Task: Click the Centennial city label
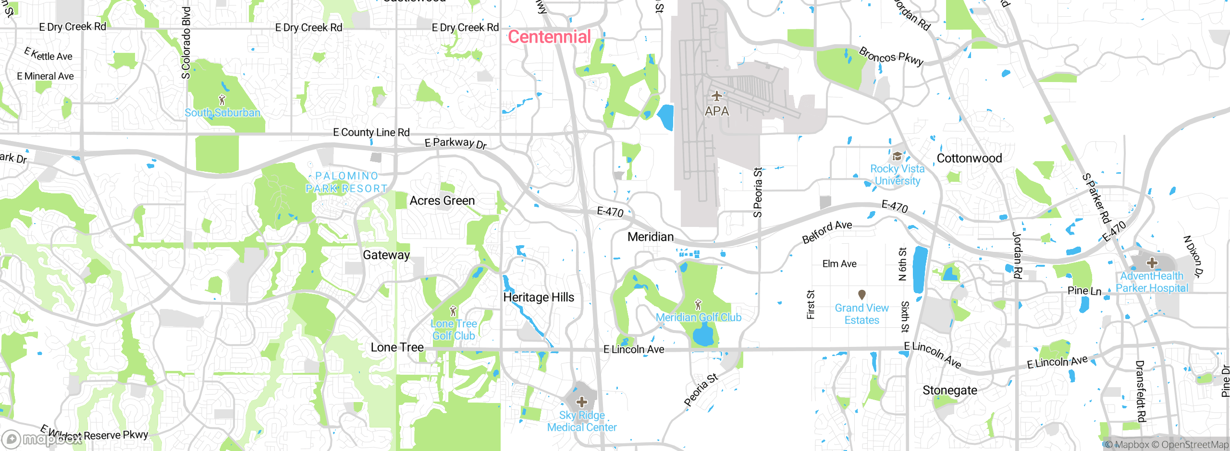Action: tap(549, 37)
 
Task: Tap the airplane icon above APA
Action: tap(716, 96)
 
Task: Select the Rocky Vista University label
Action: tap(897, 175)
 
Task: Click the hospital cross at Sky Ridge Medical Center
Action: tap(581, 402)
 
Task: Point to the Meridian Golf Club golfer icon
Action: tap(698, 305)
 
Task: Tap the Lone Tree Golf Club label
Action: tap(454, 330)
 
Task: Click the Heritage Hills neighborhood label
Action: tap(539, 297)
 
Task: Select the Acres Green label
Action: tap(442, 201)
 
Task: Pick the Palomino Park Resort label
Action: tap(346, 182)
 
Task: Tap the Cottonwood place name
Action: tap(969, 158)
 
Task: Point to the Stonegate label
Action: tap(949, 391)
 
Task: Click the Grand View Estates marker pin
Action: tap(861, 294)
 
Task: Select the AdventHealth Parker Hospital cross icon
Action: tap(1152, 263)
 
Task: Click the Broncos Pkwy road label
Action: tap(891, 57)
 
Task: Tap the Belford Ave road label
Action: tap(827, 231)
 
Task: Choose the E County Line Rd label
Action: tap(371, 132)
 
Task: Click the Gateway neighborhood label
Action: tap(386, 255)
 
